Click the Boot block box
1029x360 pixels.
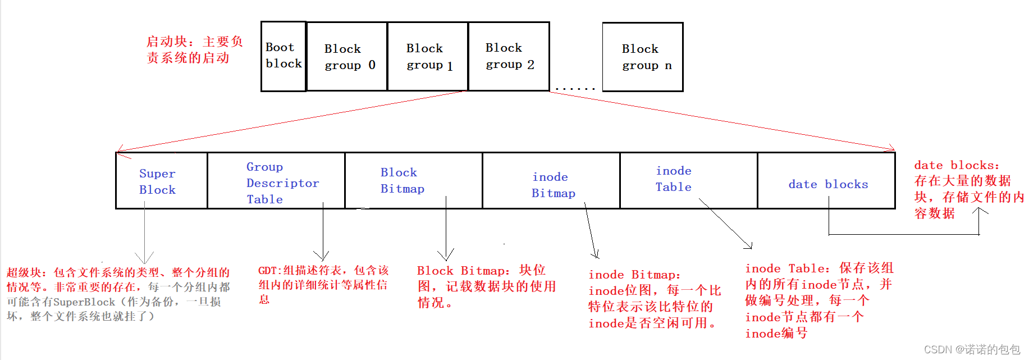pos(283,56)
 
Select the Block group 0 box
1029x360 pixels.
pos(347,56)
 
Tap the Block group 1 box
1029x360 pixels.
pos(428,56)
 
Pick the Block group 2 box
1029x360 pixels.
pos(509,56)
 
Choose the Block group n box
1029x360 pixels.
pos(643,56)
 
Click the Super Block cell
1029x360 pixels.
pos(161,181)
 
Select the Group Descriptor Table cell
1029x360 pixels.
pos(276,181)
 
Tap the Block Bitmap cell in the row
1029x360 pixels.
pos(413,181)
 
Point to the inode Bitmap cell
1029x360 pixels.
pos(551,181)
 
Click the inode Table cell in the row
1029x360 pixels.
pos(688,181)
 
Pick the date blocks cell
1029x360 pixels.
pos(826,181)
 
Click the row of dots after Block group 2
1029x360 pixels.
pos(575,89)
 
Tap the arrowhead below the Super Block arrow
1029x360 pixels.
pos(144,259)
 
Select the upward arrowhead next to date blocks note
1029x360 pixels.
pos(980,211)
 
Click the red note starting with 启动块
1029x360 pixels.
pos(194,49)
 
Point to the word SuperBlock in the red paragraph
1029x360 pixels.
pos(84,302)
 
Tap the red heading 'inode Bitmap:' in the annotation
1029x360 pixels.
pos(634,275)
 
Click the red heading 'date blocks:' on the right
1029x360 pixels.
pos(956,165)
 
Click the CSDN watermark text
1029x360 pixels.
pos(972,349)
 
